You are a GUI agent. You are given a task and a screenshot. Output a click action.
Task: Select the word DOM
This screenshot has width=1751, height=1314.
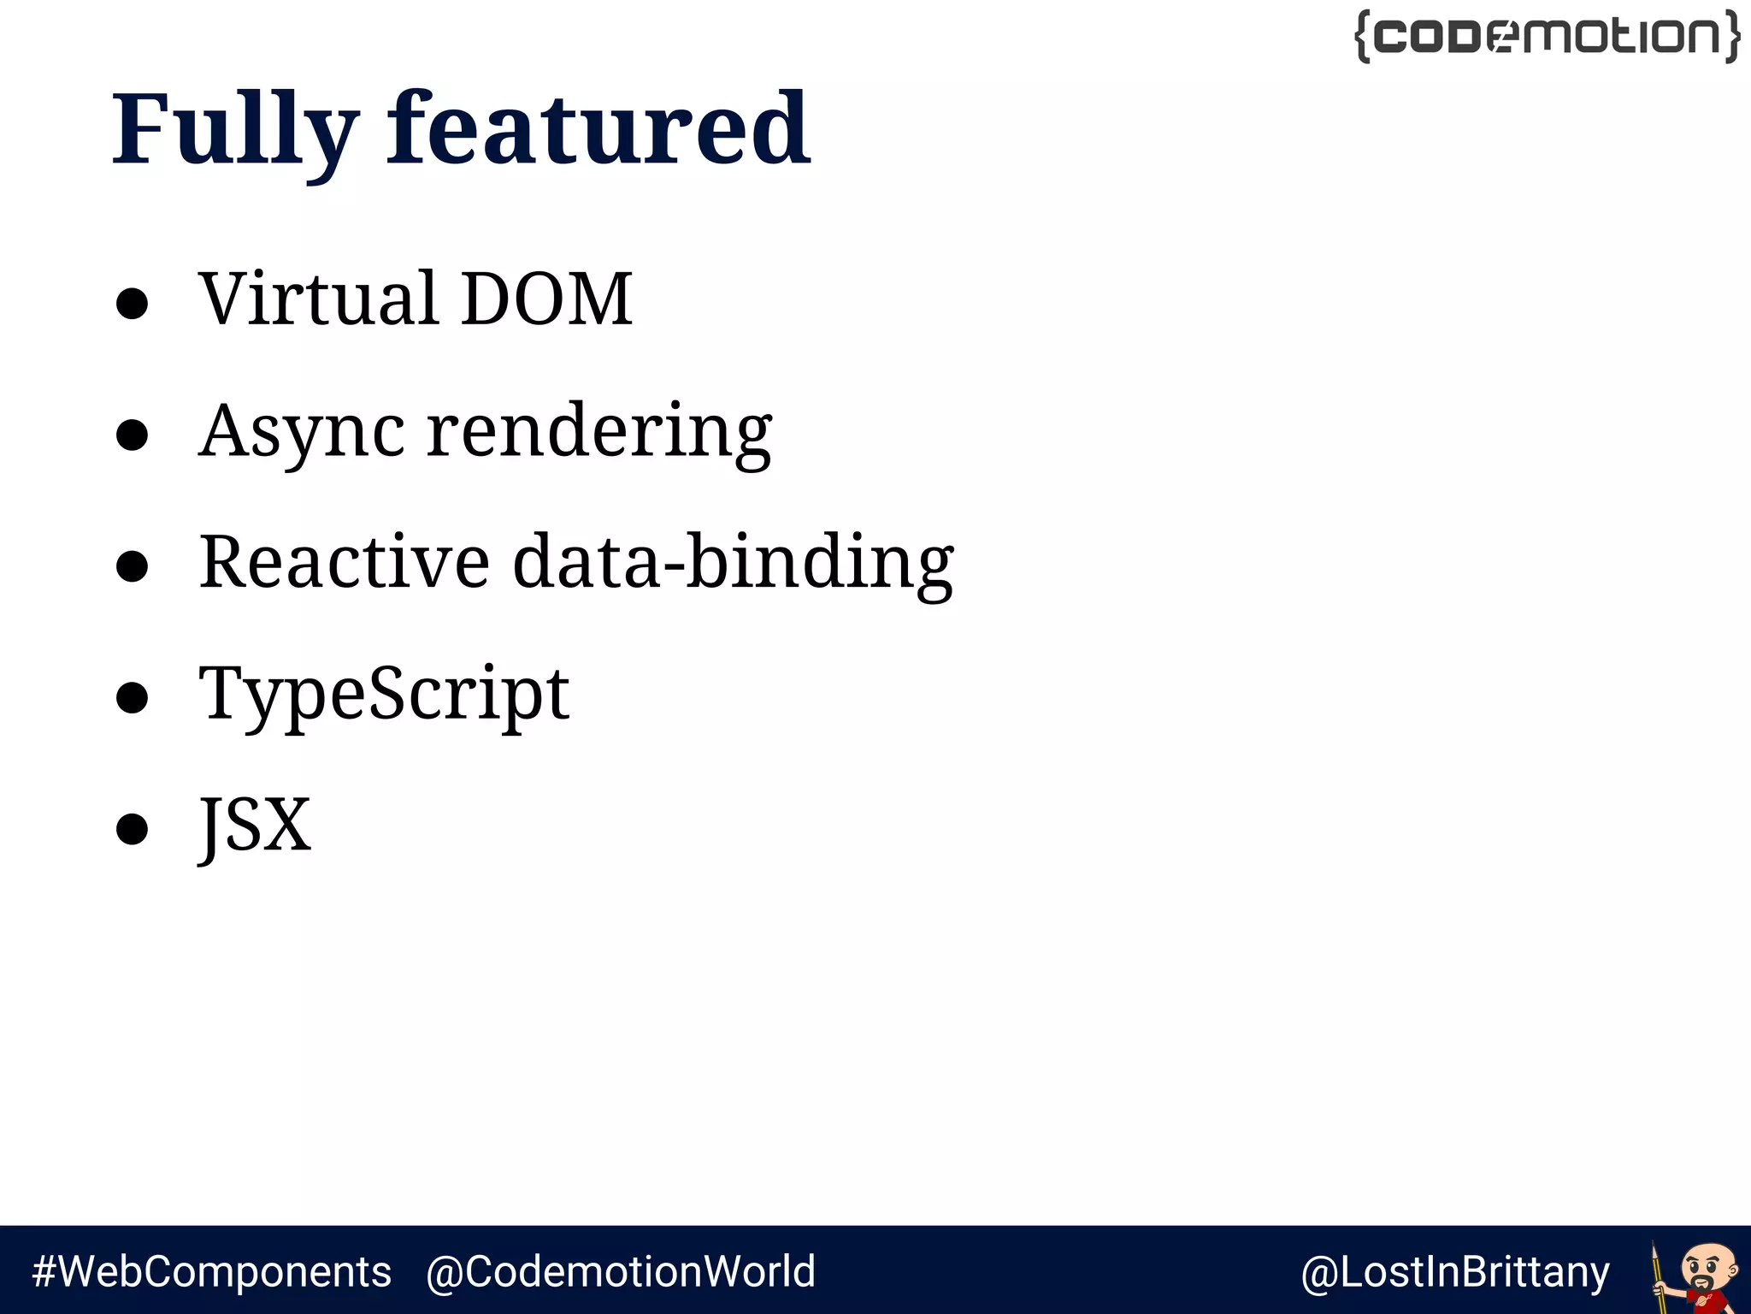pos(547,299)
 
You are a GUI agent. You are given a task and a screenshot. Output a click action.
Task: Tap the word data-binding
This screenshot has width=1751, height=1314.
pos(733,562)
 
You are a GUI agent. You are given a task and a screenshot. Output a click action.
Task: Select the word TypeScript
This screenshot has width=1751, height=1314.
pos(384,694)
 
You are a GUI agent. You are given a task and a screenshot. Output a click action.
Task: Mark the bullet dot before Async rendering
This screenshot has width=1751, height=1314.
pos(133,435)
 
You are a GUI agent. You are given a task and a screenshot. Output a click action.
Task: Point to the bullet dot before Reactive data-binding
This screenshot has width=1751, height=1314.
pos(133,566)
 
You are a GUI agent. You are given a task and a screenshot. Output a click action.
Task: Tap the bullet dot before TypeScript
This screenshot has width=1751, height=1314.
pos(133,697)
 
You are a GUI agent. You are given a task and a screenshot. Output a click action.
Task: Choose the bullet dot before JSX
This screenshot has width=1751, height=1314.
pos(133,829)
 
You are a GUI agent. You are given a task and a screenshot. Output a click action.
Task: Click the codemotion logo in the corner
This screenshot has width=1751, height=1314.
pos(1548,36)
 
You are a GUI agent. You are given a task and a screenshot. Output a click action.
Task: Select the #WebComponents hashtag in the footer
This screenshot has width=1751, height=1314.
pos(211,1271)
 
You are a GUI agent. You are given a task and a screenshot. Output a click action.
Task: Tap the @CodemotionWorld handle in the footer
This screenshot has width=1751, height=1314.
pos(621,1271)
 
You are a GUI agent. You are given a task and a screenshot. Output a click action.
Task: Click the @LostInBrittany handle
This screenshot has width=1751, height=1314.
pos(1455,1272)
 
